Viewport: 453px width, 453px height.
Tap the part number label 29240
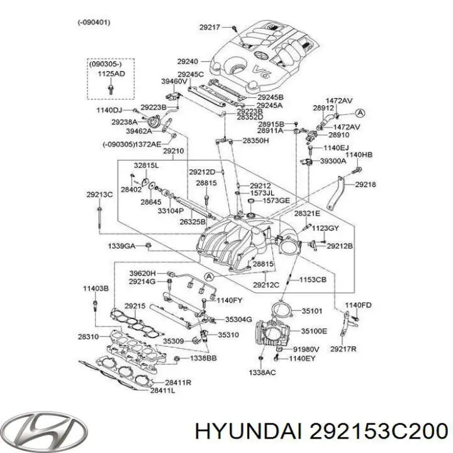point(187,61)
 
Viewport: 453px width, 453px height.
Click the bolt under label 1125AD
point(110,89)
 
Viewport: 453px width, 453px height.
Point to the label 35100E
point(314,331)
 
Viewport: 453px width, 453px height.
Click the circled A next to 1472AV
point(360,113)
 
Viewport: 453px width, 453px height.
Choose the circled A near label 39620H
point(209,277)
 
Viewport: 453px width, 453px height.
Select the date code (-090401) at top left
point(94,22)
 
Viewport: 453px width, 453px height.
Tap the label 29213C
point(99,194)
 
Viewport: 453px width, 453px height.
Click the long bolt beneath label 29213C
point(99,216)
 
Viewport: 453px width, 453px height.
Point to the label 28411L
point(163,391)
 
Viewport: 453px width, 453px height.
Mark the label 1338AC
point(262,372)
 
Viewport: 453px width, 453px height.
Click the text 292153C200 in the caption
point(378,432)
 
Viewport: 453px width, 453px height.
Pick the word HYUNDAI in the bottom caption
point(249,432)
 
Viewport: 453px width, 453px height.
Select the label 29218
point(366,184)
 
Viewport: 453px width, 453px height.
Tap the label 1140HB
point(359,155)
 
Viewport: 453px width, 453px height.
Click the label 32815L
point(146,165)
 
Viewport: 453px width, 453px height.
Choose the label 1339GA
point(121,246)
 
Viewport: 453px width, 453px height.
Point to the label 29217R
point(344,349)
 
